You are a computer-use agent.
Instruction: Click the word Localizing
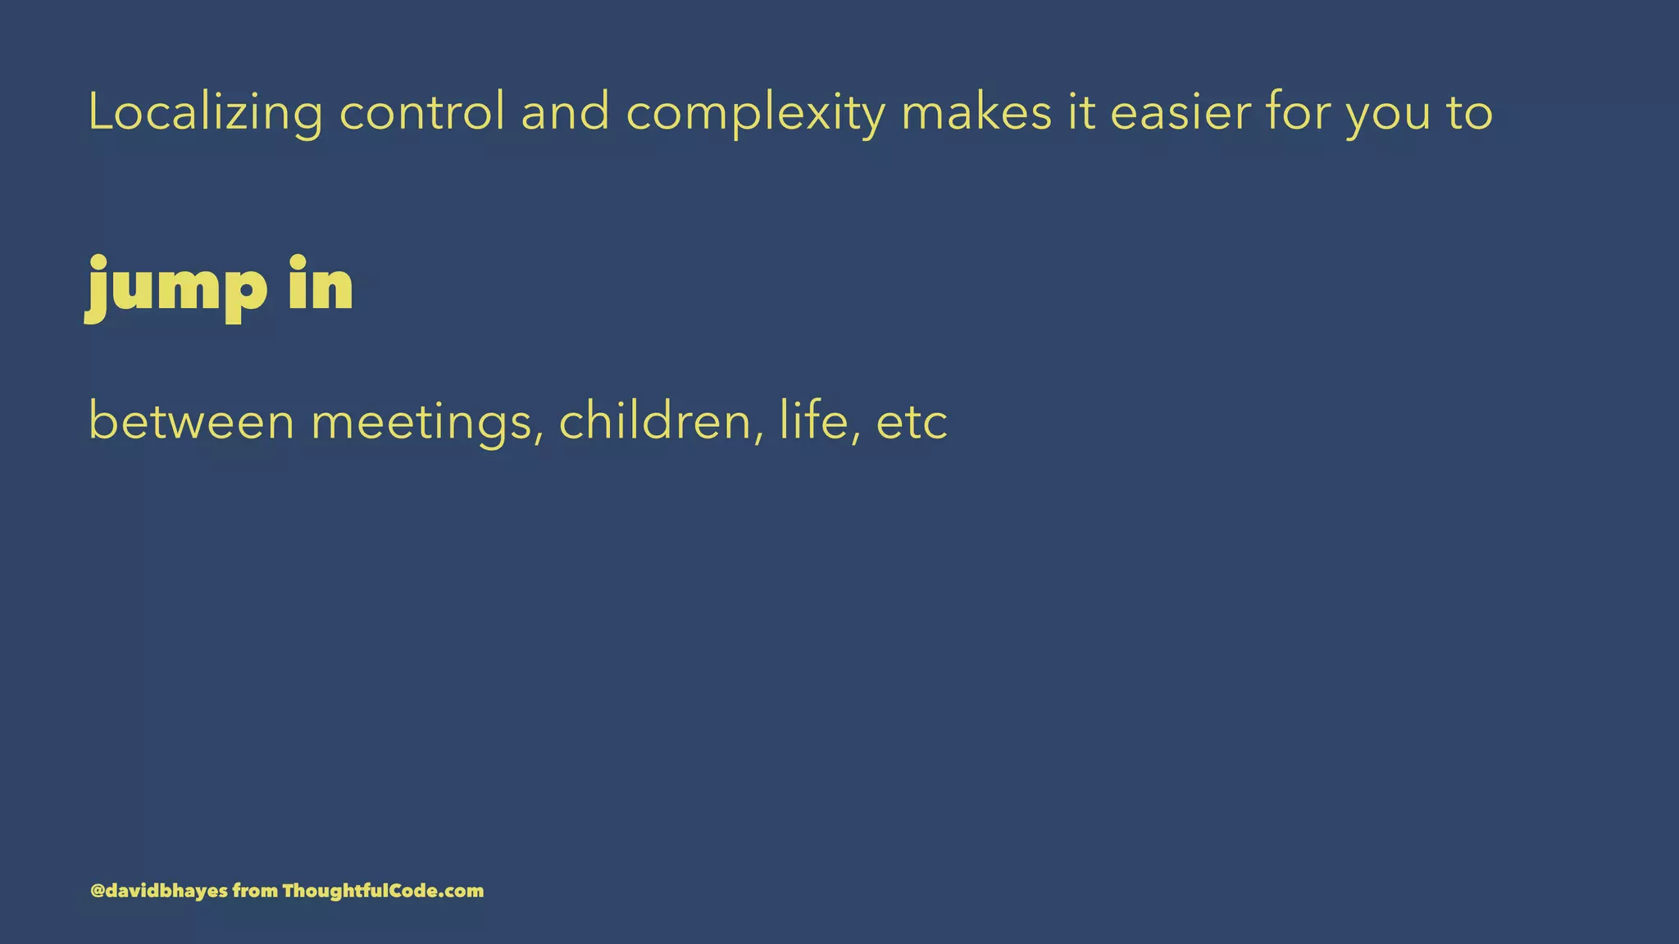(205, 113)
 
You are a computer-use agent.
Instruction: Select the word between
(191, 422)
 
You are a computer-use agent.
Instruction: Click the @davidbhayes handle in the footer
(159, 891)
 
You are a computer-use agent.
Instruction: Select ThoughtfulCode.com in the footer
(383, 891)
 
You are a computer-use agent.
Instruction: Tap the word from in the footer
(255, 891)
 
